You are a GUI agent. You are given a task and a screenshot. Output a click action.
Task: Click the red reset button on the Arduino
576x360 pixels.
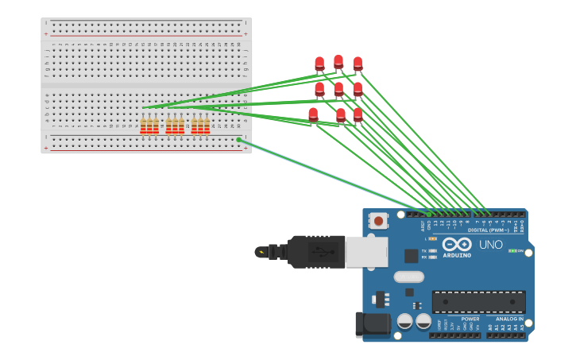point(379,221)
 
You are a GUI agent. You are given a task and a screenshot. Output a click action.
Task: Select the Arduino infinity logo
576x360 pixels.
point(458,244)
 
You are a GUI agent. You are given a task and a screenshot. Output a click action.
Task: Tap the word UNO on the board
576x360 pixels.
point(491,245)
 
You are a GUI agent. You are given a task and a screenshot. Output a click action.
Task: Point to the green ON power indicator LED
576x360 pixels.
point(512,251)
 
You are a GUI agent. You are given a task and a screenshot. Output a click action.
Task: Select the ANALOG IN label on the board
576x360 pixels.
point(509,319)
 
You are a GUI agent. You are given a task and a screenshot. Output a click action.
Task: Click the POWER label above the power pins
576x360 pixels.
point(470,319)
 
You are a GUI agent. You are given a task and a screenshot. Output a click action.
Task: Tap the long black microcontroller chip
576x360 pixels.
point(478,302)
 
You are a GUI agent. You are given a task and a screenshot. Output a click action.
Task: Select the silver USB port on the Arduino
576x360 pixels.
point(366,252)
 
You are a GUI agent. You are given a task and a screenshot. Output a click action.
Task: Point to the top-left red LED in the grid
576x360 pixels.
point(319,64)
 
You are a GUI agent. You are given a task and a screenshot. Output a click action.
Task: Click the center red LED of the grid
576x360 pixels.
point(338,89)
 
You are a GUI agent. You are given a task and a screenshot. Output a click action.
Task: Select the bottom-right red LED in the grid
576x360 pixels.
point(358,114)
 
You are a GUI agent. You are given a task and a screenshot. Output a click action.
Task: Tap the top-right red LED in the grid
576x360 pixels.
point(358,64)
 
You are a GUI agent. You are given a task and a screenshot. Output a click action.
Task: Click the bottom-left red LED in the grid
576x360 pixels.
point(313,114)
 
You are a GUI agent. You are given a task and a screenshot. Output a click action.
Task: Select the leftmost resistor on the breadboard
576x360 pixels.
point(143,126)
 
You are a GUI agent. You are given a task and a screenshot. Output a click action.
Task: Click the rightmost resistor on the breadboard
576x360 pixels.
point(207,126)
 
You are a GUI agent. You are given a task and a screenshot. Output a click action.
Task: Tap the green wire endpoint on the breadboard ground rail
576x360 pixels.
point(238,140)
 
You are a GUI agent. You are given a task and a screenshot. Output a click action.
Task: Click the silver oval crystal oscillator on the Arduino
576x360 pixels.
point(408,277)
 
